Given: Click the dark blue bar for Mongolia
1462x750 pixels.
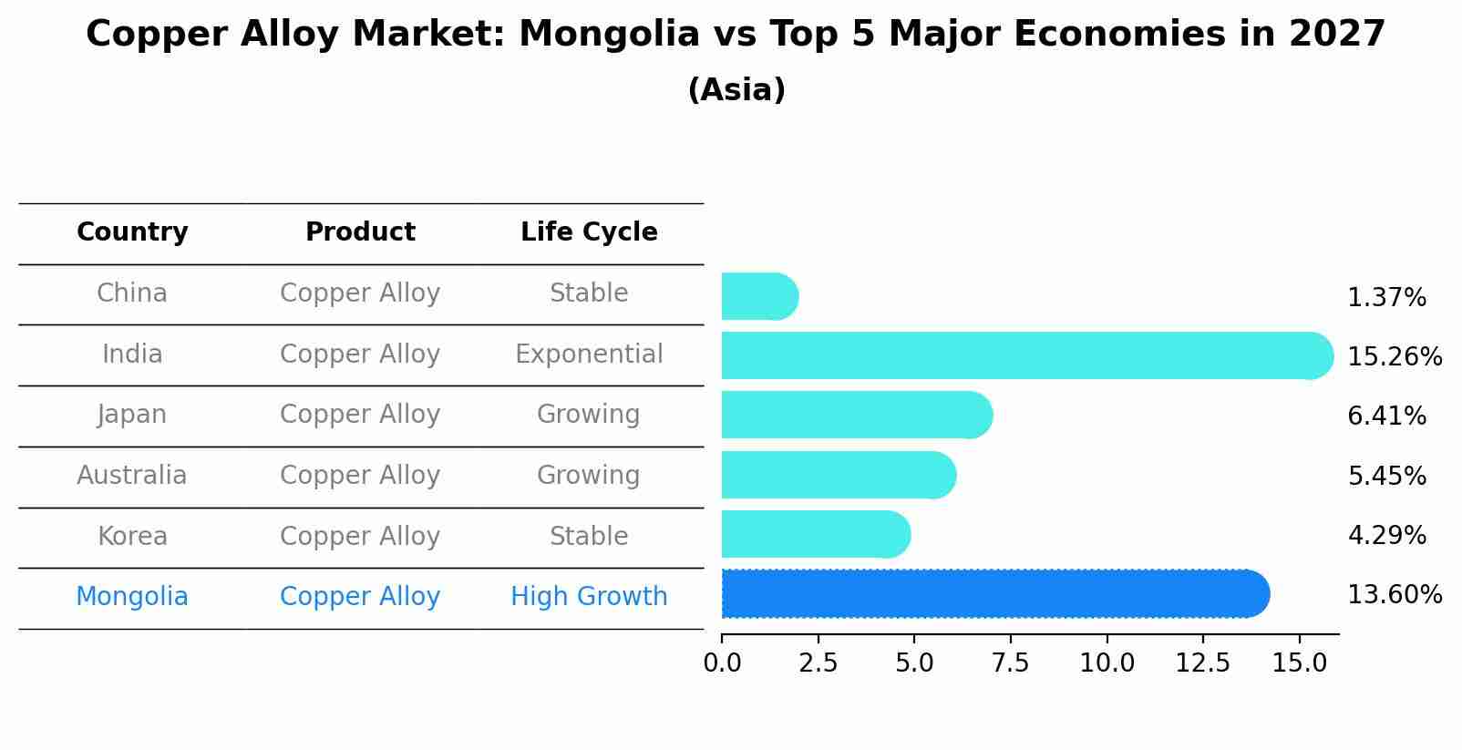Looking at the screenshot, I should click(994, 593).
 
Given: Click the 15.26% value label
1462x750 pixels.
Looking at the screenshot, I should click(1394, 356).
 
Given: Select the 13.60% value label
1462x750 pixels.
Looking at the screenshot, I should click(1394, 595).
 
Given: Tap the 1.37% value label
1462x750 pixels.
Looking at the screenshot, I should click(1385, 298).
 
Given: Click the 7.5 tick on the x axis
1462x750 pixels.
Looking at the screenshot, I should click(1010, 663).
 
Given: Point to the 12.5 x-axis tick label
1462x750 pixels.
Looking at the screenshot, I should click(1202, 663).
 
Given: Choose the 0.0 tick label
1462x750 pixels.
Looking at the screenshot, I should click(722, 663).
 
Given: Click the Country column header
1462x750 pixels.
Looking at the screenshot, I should click(132, 232).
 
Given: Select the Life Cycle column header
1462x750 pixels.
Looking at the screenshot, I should click(589, 232).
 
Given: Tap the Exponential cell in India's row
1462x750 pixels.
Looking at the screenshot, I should click(589, 354).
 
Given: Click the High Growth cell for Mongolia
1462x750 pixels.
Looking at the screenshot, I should click(589, 597).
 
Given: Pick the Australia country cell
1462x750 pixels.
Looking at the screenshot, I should click(132, 476).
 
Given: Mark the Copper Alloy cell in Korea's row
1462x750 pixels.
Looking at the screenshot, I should click(360, 536).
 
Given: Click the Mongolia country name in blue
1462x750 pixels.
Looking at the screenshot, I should click(132, 597).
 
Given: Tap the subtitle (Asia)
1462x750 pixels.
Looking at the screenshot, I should click(736, 90).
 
